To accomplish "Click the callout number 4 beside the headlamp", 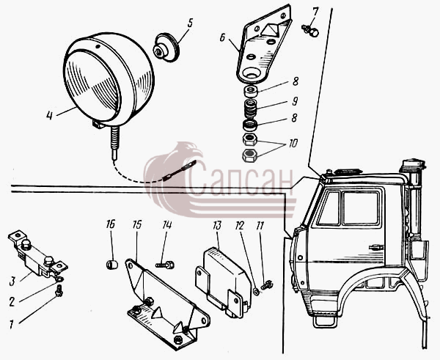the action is [49, 115].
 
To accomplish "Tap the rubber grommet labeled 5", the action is [166, 47].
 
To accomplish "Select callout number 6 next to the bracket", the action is [222, 37].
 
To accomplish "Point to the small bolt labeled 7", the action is [311, 30].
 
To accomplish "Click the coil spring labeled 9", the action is [251, 109].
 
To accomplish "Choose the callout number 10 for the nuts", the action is [293, 144].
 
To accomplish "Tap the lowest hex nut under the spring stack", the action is [249, 155].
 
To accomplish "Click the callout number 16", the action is [111, 224].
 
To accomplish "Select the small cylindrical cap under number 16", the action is [112, 265].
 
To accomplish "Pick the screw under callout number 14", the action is [165, 265].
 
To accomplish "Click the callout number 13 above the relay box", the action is [217, 225].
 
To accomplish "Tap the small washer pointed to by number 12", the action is [256, 292].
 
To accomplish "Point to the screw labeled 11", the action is [267, 285].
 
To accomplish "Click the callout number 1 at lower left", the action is [11, 324].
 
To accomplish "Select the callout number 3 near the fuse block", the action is [12, 281].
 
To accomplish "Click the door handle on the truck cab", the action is [376, 247].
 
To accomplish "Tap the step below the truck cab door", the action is [325, 321].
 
